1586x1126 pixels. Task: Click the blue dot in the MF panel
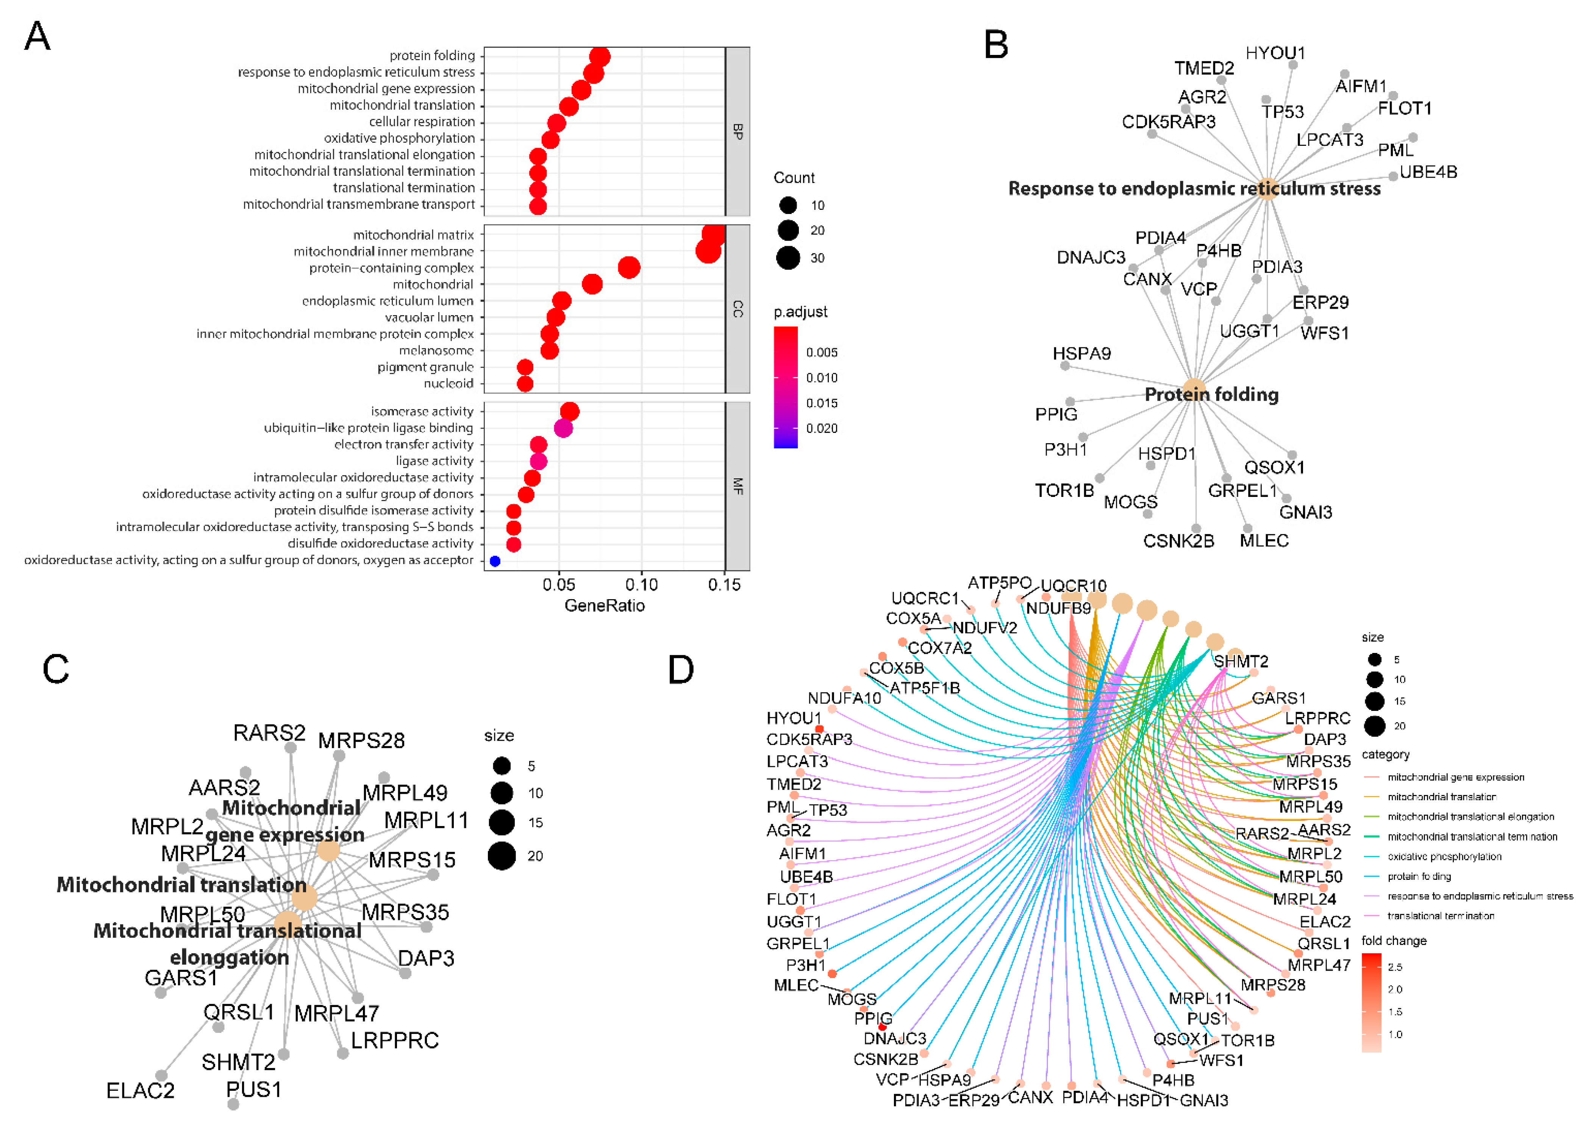tap(494, 561)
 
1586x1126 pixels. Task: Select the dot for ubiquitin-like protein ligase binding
tap(563, 428)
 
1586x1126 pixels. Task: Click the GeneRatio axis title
tap(604, 606)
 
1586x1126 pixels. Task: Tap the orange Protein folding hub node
tap(1194, 390)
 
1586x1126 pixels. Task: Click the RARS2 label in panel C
tap(269, 733)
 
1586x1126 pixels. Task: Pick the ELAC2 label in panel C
tap(140, 1091)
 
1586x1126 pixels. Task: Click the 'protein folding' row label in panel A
tap(432, 55)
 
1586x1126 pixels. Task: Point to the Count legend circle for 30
tap(788, 258)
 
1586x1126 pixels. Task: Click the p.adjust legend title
tap(800, 312)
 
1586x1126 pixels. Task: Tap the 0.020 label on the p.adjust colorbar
tap(822, 428)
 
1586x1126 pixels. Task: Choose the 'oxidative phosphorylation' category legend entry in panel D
tap(1444, 857)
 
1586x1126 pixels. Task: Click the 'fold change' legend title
tap(1394, 941)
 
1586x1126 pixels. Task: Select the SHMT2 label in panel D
tap(1241, 661)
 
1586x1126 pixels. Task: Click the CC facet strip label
tap(738, 309)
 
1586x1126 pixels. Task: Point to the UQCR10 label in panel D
tap(1073, 586)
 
